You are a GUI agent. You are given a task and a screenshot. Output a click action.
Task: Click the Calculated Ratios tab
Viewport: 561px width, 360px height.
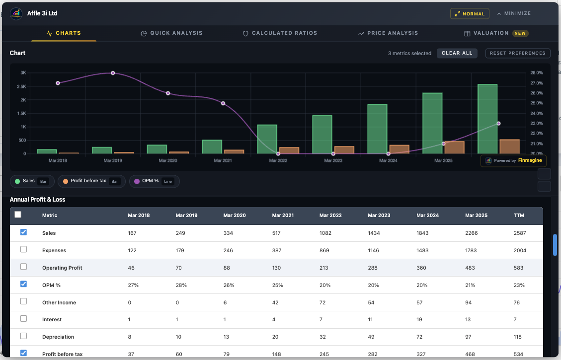point(280,33)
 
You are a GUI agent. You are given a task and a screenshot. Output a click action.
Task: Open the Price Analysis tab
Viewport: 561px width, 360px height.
point(388,33)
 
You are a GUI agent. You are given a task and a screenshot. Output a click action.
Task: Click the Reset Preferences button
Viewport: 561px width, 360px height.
point(517,53)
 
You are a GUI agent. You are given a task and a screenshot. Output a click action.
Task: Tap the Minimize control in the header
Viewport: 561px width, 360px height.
point(514,13)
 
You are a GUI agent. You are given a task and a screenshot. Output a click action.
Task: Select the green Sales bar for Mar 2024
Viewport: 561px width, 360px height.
point(377,129)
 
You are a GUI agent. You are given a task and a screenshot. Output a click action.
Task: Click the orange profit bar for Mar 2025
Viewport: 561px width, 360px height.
point(455,147)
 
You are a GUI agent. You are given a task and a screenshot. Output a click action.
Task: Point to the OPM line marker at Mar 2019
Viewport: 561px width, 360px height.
point(113,73)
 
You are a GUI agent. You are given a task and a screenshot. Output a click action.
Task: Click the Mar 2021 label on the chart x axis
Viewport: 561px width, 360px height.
point(223,161)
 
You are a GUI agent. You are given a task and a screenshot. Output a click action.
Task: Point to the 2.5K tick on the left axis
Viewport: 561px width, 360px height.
point(23,86)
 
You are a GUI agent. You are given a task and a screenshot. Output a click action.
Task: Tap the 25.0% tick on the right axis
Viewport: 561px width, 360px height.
point(536,103)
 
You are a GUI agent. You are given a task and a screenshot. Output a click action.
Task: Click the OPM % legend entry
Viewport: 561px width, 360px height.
point(155,181)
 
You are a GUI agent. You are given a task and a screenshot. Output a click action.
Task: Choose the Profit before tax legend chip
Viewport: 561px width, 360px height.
point(87,181)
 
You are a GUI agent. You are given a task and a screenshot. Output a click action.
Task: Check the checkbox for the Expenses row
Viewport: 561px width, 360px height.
point(23,250)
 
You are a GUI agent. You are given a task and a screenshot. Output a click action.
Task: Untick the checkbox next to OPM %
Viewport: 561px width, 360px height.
point(23,285)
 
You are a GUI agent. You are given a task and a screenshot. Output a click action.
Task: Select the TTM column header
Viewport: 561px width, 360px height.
point(519,216)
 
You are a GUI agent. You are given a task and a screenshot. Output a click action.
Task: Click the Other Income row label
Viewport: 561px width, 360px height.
point(59,302)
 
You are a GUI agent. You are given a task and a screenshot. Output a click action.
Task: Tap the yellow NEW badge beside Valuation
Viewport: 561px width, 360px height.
point(520,33)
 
